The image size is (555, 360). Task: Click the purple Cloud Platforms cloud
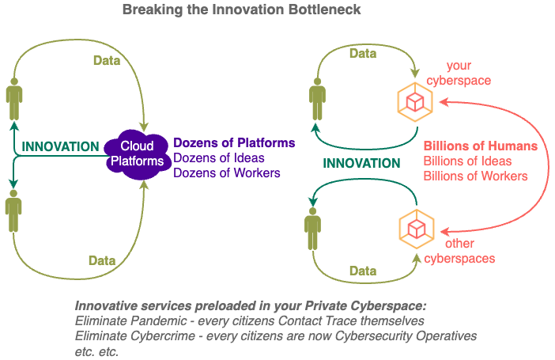(138, 154)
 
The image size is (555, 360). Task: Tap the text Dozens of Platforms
(234, 142)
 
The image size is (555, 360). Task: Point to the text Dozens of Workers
(227, 173)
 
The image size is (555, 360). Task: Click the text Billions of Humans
(481, 146)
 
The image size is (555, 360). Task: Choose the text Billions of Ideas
(467, 161)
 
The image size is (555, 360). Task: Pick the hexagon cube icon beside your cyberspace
(415, 102)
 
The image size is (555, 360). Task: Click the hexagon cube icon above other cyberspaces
(417, 229)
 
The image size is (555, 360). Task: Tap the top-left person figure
(14, 99)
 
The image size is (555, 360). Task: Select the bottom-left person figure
(13, 211)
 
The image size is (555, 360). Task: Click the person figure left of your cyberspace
(317, 99)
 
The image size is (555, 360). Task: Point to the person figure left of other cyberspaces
(312, 229)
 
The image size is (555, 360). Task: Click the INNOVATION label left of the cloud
(61, 146)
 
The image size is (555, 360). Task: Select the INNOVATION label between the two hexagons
(361, 163)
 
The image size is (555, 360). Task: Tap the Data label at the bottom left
(102, 261)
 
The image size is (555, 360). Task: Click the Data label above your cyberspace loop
(363, 54)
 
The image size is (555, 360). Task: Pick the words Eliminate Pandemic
(130, 321)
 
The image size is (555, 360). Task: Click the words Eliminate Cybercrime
(135, 336)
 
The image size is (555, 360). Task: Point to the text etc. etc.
(96, 352)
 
